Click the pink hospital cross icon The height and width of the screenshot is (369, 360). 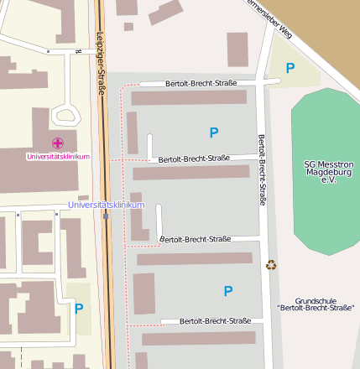pyautogui.click(x=57, y=143)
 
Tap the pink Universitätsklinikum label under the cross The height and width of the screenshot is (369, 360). pyautogui.click(x=58, y=156)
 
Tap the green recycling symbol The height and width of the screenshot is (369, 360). pyautogui.click(x=271, y=265)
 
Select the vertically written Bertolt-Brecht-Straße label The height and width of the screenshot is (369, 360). pyautogui.click(x=262, y=169)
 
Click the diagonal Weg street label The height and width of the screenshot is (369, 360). pyautogui.click(x=268, y=16)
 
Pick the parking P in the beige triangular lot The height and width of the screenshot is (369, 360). pyautogui.click(x=290, y=68)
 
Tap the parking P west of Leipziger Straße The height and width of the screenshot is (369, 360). pyautogui.click(x=79, y=308)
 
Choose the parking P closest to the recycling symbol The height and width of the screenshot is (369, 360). pyautogui.click(x=228, y=291)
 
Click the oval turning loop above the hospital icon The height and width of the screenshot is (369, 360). pyautogui.click(x=64, y=115)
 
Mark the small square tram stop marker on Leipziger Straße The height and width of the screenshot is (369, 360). pyautogui.click(x=106, y=216)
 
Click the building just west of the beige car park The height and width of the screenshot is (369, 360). pyautogui.click(x=237, y=49)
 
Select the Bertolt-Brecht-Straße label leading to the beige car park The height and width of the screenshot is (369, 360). pyautogui.click(x=201, y=83)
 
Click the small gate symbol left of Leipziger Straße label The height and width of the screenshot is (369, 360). pyautogui.click(x=78, y=50)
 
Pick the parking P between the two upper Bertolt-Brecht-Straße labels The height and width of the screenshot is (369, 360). pyautogui.click(x=214, y=133)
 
